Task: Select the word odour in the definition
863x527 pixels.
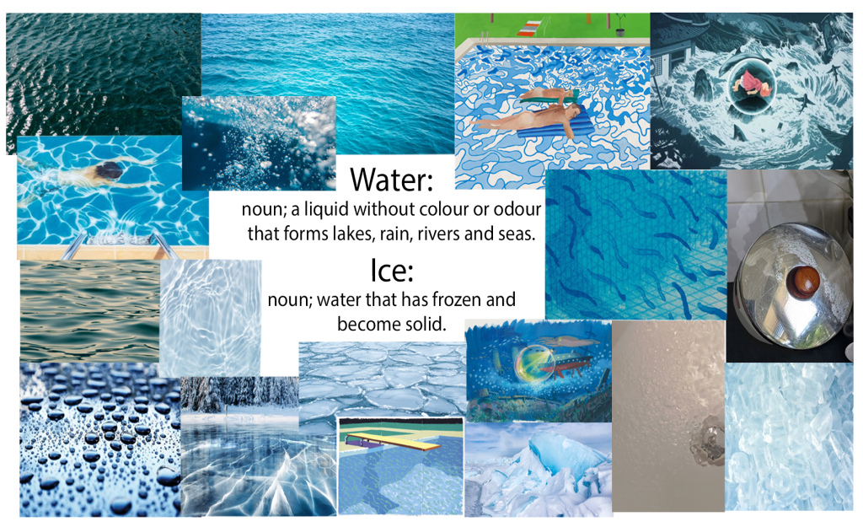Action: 517,209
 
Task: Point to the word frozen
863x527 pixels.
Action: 447,299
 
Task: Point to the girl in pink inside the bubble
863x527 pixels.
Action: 751,83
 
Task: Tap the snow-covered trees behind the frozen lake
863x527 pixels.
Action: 240,394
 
